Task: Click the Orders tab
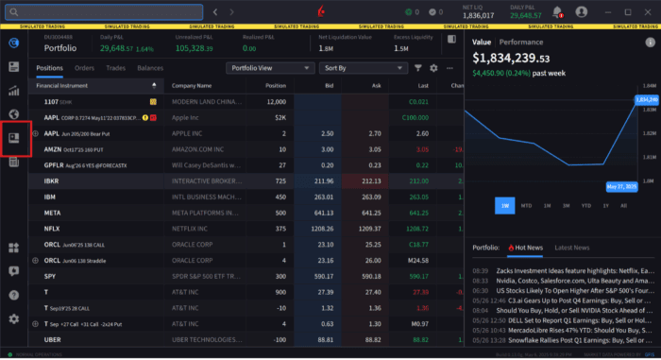click(84, 68)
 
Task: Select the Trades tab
click(115, 68)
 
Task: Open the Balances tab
click(150, 68)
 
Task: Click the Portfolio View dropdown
click(269, 68)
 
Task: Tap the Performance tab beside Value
click(521, 43)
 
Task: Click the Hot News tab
click(529, 248)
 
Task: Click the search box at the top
click(103, 12)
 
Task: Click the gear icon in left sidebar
click(14, 318)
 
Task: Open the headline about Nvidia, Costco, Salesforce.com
click(573, 281)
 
